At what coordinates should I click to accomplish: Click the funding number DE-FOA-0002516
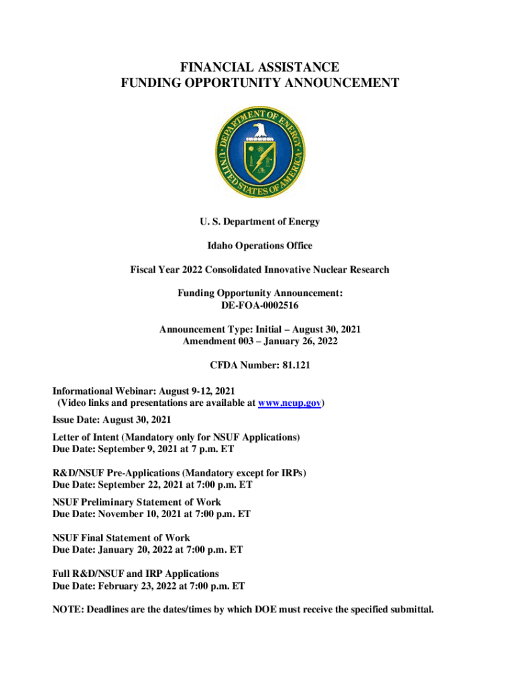click(260, 305)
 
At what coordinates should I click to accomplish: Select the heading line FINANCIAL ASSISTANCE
click(259, 67)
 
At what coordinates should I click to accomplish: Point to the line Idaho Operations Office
click(259, 245)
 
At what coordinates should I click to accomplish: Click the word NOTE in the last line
click(68, 609)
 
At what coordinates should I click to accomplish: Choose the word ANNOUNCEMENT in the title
click(338, 83)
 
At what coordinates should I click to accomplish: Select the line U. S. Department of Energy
click(259, 222)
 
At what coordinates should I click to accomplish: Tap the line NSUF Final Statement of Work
click(121, 537)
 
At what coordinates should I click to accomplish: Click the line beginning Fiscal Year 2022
click(259, 269)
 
